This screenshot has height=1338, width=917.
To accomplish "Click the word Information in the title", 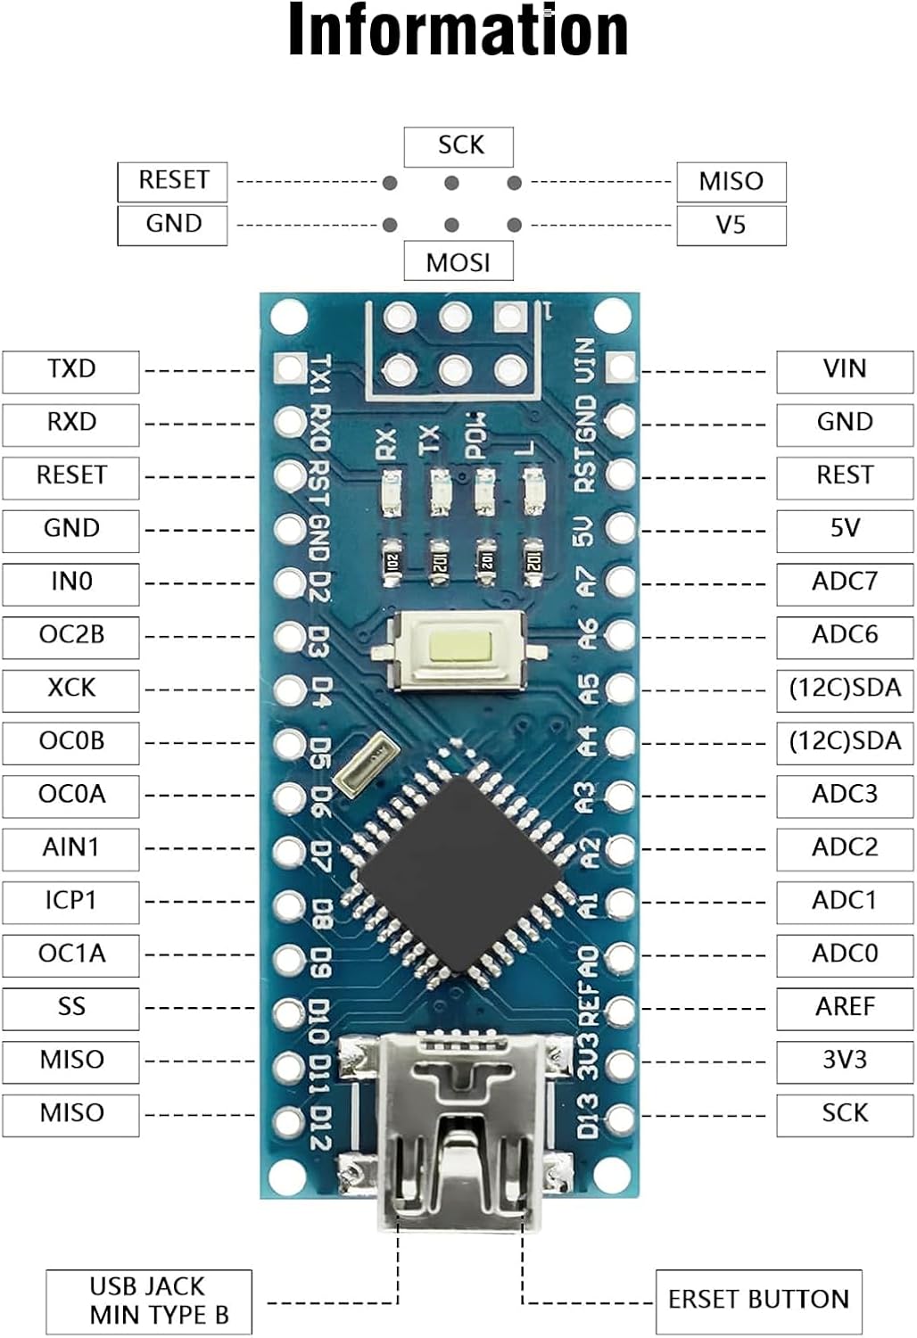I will [458, 30].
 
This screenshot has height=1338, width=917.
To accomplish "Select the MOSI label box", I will [458, 261].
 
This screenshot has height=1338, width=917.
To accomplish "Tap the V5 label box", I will [731, 225].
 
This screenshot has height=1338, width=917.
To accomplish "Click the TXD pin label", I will [71, 370].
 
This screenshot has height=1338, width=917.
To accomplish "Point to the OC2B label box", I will [71, 636].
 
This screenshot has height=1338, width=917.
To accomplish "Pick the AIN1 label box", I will [71, 848].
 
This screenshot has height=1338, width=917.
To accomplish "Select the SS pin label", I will [71, 1008].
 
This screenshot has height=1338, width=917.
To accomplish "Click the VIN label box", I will [844, 370].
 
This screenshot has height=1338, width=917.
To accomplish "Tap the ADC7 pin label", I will [844, 582].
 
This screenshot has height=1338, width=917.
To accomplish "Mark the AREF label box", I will [844, 1008].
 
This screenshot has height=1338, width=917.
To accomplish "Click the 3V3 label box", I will [844, 1061].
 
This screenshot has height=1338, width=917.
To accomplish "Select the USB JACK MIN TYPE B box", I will [149, 1301].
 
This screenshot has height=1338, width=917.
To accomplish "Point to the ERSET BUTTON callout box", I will [758, 1301].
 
